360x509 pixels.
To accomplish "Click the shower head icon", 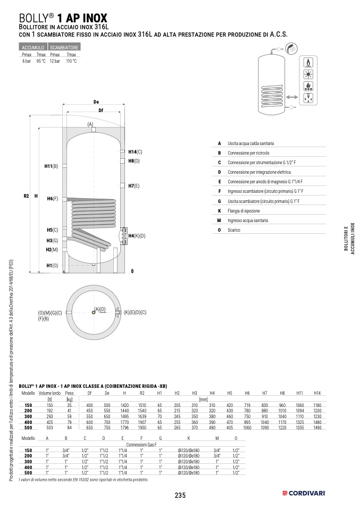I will (291, 48).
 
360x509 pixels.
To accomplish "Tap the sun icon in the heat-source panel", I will (307, 74).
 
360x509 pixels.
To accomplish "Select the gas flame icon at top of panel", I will (307, 62).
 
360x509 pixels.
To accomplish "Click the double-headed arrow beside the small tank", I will (291, 97).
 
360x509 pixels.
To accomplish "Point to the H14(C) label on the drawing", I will (135, 152).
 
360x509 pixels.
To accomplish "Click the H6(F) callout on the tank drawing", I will (52, 199).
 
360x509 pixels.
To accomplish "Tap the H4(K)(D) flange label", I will (137, 235).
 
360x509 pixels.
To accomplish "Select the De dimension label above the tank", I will (96, 101).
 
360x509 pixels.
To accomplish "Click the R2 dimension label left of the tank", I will (26, 196).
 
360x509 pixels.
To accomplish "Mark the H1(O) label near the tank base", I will (52, 265).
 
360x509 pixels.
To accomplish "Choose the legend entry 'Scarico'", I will (234, 230).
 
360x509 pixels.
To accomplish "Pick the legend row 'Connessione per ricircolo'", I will (248, 153).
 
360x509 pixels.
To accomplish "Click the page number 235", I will (180, 495).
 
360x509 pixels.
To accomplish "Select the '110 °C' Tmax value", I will (71, 61).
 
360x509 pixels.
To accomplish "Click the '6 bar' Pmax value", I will (27, 61).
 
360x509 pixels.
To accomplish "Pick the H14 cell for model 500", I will (317, 427).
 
